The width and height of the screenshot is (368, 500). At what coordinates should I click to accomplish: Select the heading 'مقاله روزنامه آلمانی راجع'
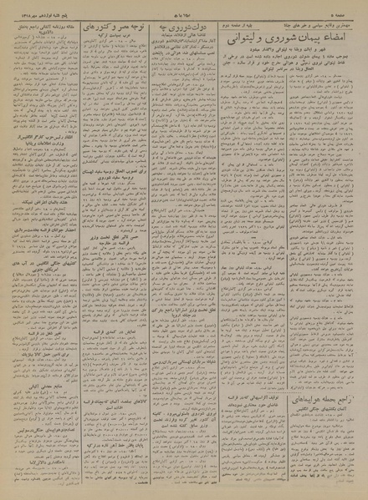(x=50, y=26)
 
